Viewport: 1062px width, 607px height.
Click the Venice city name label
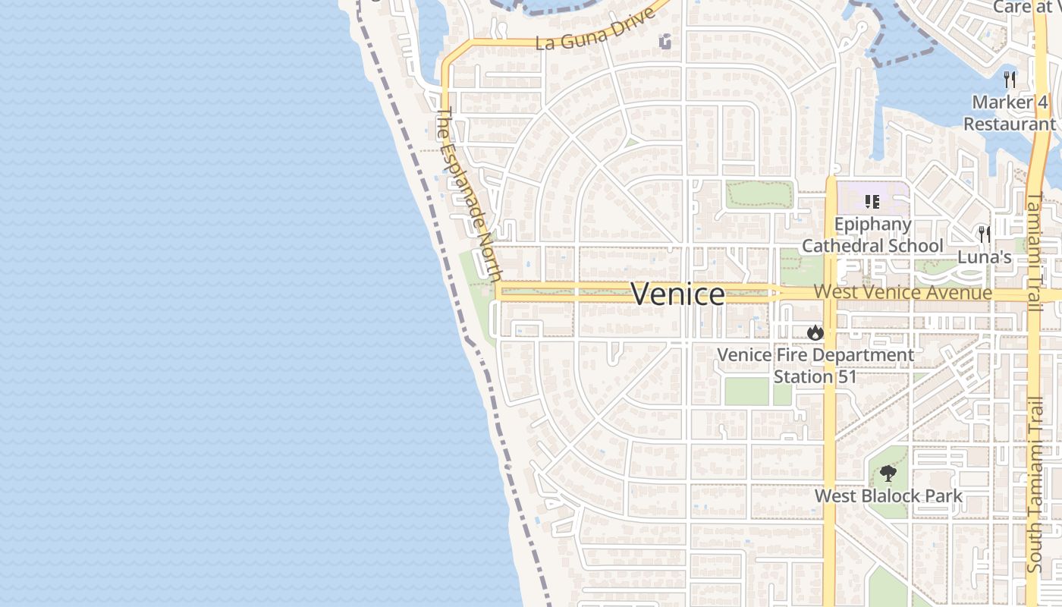coord(677,294)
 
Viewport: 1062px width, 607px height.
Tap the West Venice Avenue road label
coord(903,293)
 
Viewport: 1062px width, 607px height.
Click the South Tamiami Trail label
coord(1035,486)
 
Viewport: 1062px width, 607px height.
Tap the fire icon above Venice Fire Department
coord(815,332)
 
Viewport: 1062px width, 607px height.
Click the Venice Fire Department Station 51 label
coord(815,366)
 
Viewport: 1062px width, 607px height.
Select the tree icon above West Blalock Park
coord(888,474)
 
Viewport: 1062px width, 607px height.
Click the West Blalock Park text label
coord(888,496)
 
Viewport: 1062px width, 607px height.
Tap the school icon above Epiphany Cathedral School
coord(872,202)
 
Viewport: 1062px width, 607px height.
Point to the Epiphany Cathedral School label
coord(872,235)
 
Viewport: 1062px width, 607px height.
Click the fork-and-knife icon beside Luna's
coord(985,234)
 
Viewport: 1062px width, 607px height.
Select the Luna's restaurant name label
coord(985,257)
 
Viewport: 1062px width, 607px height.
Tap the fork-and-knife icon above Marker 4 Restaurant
coord(1010,79)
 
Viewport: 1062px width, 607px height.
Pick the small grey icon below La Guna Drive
coord(665,42)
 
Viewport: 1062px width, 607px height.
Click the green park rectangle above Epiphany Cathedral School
coord(759,194)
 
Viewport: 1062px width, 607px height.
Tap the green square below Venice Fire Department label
coord(746,392)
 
